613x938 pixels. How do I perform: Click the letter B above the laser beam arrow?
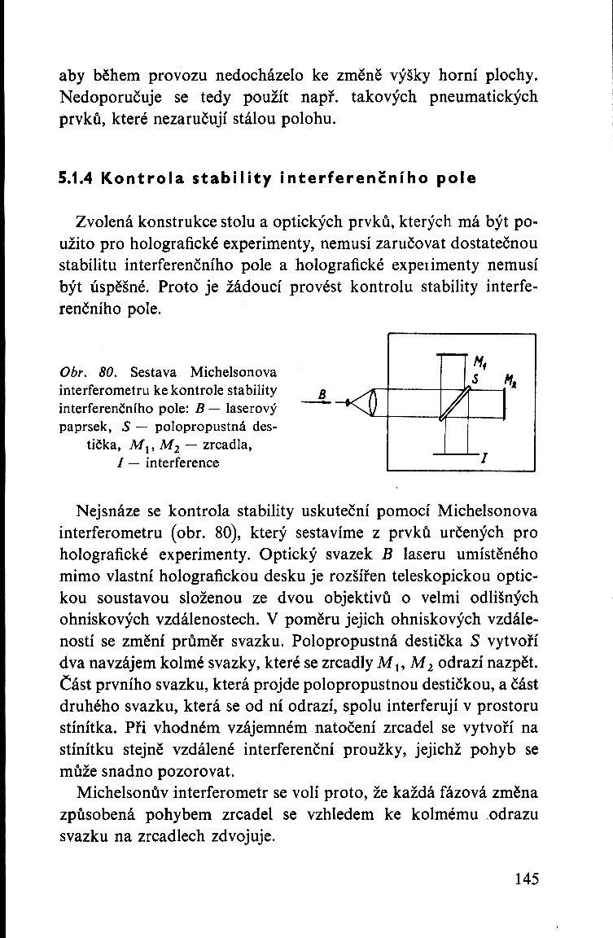tap(322, 392)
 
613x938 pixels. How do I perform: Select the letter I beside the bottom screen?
tap(484, 461)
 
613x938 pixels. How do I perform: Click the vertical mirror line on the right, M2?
tap(506, 403)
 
